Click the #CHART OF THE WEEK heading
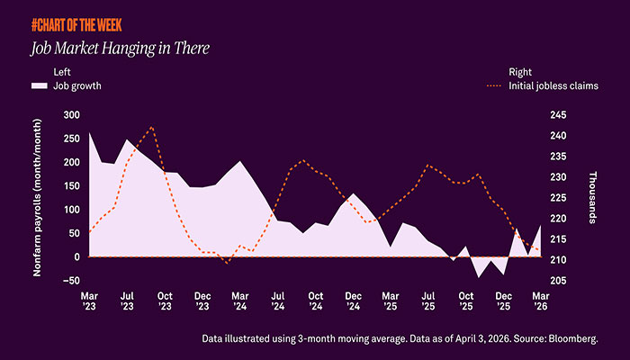pos(76,25)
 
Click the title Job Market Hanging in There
pos(120,49)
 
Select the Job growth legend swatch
pos(40,86)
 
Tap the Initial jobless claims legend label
pos(553,86)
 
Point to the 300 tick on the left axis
pos(71,115)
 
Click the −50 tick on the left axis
pos(71,281)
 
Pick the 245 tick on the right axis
pos(558,115)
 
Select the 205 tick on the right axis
pos(558,281)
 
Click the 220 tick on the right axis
pos(558,219)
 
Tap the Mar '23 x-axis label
pos(89,301)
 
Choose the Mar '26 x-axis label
pos(541,301)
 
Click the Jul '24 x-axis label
pos(277,301)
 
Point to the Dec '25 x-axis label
pos(503,301)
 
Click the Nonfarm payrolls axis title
pos(37,198)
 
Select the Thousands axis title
pos(592,197)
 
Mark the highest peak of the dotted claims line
pos(151,127)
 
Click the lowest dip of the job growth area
pos(478,277)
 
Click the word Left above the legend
pos(62,72)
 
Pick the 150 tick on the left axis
pos(71,185)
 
